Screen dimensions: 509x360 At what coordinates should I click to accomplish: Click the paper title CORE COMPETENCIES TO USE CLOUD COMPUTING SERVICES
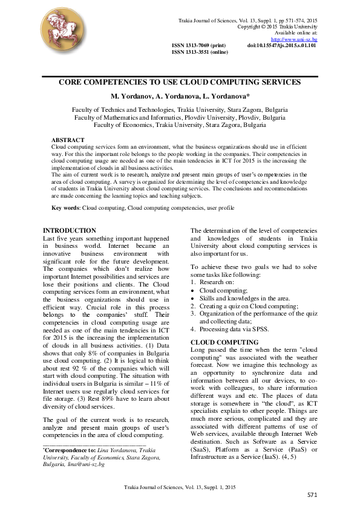coord(180,82)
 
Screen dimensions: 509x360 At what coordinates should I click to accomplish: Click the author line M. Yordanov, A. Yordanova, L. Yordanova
coord(180,97)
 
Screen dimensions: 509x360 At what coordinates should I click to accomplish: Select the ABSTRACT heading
coord(68,140)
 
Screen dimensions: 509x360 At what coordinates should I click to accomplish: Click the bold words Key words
coord(65,207)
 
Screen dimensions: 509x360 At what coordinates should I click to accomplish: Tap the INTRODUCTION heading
coord(70,230)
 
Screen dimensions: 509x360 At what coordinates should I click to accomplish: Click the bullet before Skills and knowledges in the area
coord(193,299)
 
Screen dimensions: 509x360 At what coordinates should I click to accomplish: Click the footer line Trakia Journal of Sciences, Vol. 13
coord(180,487)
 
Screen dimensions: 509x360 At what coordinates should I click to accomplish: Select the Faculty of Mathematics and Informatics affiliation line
coord(180,118)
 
